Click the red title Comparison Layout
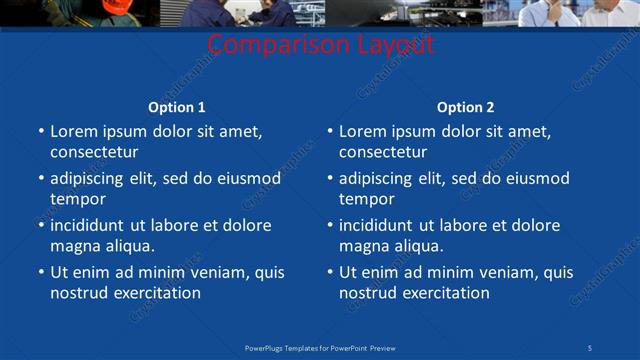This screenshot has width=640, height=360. coord(321,45)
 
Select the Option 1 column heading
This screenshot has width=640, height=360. coord(177,107)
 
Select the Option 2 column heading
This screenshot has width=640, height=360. coord(465,107)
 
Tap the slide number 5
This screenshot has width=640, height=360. coord(590,347)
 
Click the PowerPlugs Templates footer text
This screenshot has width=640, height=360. coord(320,347)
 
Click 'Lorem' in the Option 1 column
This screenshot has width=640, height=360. coord(73,131)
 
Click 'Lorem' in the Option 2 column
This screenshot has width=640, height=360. coord(362,131)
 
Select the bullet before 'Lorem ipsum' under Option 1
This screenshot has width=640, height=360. coord(40,131)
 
